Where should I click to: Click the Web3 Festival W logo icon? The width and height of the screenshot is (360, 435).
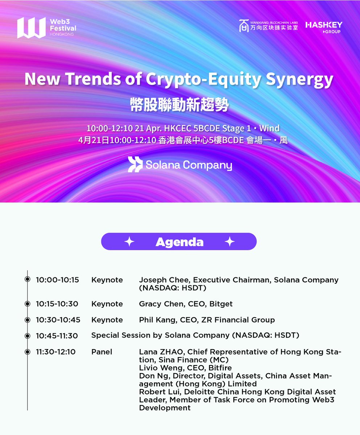coord(31,28)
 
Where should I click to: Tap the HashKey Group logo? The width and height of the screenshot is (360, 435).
coord(324,27)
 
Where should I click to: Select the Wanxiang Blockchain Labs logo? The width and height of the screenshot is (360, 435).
coord(269,26)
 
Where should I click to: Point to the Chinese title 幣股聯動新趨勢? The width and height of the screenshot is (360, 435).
coord(180,105)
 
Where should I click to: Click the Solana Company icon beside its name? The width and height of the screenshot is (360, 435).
coord(135,165)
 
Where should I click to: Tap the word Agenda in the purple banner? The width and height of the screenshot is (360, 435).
coord(179,242)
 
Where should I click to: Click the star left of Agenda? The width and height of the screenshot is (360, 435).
coord(130,242)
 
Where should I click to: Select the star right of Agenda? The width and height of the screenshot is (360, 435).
coord(229,242)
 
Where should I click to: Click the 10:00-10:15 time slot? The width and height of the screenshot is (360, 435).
coord(57,280)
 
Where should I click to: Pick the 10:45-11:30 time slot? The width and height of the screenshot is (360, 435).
coord(57,336)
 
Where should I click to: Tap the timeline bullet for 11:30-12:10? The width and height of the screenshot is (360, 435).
coord(28,352)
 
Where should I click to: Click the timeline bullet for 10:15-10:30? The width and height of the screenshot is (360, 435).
coord(28,304)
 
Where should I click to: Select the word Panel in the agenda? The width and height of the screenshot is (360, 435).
coord(102,352)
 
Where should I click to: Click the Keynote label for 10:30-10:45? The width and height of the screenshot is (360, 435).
coord(107,320)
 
